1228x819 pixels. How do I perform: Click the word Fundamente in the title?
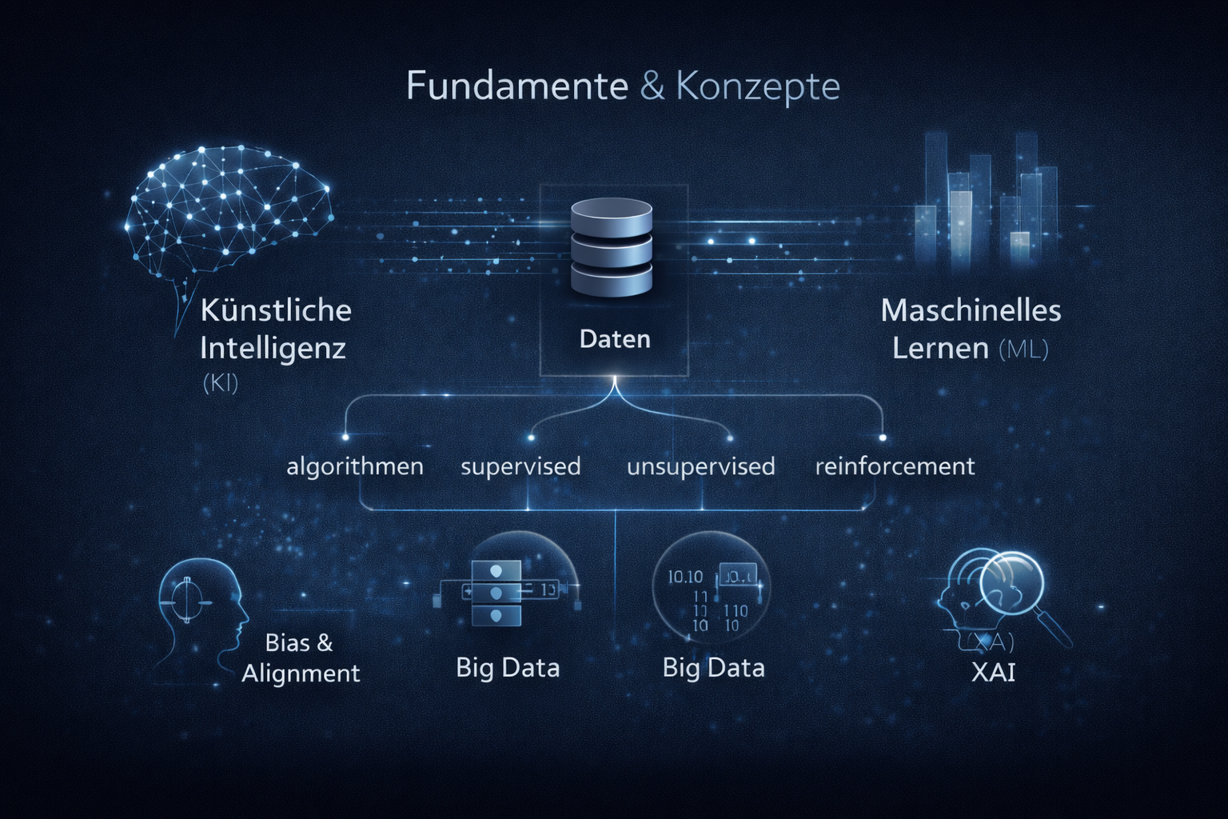[516, 86]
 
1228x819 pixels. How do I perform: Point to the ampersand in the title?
[652, 86]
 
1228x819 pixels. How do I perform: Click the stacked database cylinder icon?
[612, 248]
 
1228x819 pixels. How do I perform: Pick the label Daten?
[615, 339]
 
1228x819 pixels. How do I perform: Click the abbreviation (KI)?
[221, 383]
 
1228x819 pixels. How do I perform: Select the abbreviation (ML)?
[1023, 350]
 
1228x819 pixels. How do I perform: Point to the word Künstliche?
[276, 310]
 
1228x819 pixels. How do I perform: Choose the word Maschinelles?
[971, 310]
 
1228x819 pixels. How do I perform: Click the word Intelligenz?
[273, 349]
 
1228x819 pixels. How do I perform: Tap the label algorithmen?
[355, 466]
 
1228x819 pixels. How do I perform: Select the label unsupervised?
[700, 466]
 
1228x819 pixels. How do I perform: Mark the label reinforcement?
[895, 466]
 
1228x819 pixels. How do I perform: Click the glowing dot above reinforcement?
[883, 437]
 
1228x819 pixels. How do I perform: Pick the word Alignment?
[301, 673]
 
